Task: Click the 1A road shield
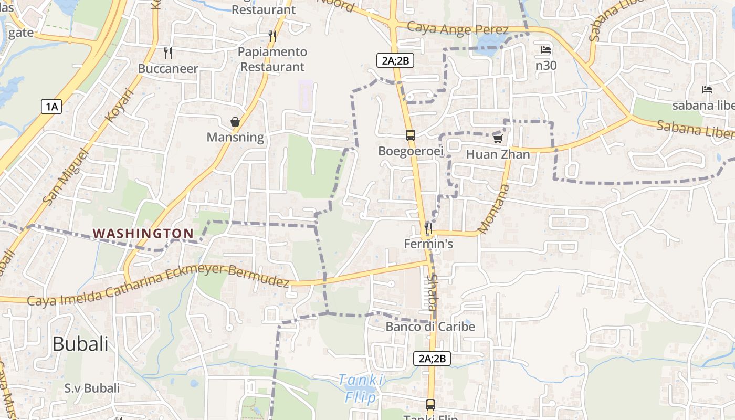(51, 107)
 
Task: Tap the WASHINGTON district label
(143, 233)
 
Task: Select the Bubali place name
(80, 344)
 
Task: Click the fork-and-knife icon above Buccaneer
(168, 52)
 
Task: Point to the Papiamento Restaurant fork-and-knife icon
(272, 36)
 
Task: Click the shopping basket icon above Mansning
(235, 122)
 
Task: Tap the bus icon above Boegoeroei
(411, 135)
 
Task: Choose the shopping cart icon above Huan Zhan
(498, 139)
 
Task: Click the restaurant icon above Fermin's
(428, 228)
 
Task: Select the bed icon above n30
(546, 50)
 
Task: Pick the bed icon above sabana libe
(707, 90)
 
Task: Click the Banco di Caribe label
(430, 327)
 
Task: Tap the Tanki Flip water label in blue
(361, 388)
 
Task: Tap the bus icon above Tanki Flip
(430, 405)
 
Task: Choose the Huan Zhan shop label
(498, 154)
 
